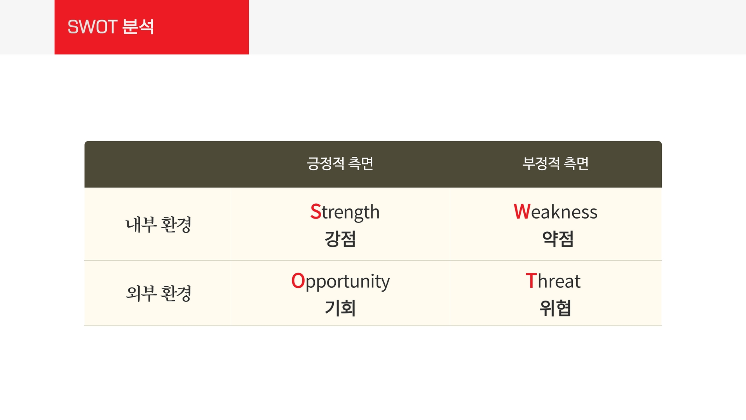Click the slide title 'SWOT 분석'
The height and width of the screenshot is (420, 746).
(111, 27)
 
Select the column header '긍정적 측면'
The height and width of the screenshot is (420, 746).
(340, 163)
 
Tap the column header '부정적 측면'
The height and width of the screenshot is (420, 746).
(555, 163)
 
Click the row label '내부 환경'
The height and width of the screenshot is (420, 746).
(158, 224)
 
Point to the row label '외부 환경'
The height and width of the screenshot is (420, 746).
(158, 293)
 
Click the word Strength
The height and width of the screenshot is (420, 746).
(345, 212)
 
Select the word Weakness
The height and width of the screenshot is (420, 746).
(555, 212)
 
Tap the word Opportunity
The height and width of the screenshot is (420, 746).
(340, 282)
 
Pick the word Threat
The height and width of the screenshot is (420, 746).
(553, 281)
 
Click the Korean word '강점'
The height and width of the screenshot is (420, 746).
(340, 239)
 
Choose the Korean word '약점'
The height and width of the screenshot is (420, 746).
(558, 239)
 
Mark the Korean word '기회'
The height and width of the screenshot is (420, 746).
(340, 308)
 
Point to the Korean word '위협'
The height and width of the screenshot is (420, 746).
(555, 308)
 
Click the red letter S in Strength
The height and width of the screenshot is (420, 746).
(315, 212)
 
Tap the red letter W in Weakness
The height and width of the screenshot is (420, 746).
(522, 212)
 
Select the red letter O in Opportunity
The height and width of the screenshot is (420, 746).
(298, 281)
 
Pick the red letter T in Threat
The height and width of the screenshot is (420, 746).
(531, 281)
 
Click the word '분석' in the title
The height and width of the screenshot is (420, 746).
(138, 27)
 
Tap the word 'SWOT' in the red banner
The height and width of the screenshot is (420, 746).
(92, 27)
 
